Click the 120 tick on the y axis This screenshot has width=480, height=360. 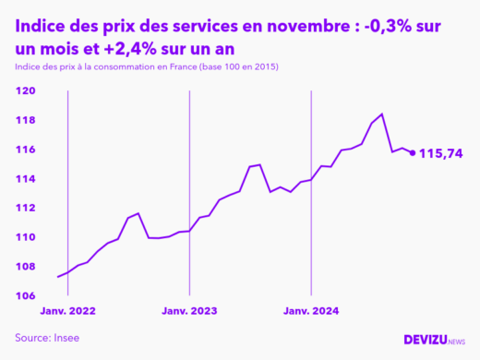(26, 90)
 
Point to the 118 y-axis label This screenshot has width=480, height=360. (26, 120)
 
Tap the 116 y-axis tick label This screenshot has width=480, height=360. (26, 150)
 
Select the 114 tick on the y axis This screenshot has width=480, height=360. (26, 179)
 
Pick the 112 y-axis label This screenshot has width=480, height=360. (26, 208)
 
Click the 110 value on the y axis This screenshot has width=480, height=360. (26, 237)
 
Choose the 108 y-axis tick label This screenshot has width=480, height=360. (26, 267)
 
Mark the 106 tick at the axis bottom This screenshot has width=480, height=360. (26, 295)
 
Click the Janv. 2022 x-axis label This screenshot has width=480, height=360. (68, 311)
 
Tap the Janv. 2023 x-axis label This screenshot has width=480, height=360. (189, 311)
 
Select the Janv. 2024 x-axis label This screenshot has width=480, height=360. (311, 311)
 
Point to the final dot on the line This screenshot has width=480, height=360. (412, 152)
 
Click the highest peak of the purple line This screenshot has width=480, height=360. (381, 114)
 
